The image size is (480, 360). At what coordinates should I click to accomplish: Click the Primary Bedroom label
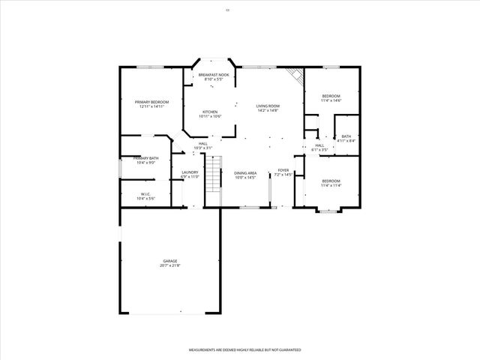point(151,102)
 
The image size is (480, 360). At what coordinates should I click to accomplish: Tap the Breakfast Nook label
point(214,75)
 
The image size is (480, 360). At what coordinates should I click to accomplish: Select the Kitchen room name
point(209,112)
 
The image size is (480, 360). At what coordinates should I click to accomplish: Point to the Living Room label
point(268,106)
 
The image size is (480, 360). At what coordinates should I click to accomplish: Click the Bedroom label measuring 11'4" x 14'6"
point(331,96)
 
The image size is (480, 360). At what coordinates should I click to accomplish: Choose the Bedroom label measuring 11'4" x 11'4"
point(331,181)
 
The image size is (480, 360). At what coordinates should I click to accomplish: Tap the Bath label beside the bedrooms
point(346,136)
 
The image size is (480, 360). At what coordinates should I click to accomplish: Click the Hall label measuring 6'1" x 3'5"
point(319,145)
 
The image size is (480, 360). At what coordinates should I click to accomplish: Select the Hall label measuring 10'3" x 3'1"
point(202,144)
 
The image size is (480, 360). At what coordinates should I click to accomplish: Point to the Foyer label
point(283,170)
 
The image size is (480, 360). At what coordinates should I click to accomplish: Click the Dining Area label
point(245,173)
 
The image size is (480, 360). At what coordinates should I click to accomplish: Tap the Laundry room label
point(190,172)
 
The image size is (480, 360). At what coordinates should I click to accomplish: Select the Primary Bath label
point(146,158)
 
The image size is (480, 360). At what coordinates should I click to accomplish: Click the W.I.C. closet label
point(145,194)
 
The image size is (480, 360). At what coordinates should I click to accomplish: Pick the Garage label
point(169,261)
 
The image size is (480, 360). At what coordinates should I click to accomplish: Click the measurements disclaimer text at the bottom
point(244,350)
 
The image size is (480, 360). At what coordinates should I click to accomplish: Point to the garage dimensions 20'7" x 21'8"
point(169,265)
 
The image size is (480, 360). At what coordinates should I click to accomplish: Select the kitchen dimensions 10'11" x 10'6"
point(209,116)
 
